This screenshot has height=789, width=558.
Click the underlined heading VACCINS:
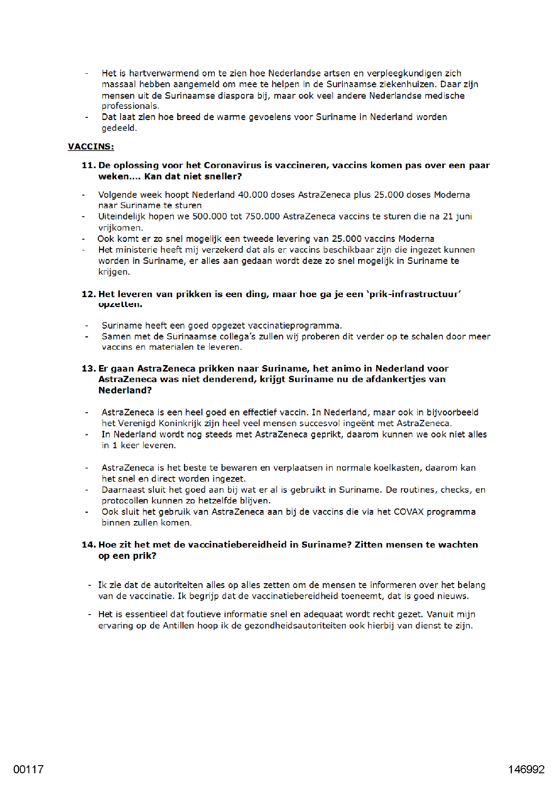coord(91,147)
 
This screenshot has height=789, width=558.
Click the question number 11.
coord(89,165)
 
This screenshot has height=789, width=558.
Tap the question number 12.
coord(89,294)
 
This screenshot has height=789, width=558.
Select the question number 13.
coord(89,369)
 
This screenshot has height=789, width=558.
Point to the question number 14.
coord(89,545)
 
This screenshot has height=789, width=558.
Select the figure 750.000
coord(262,217)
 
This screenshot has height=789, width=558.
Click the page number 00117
coord(28,769)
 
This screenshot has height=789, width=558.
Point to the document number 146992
coord(526,769)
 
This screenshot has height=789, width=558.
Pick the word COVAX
coord(409,512)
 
